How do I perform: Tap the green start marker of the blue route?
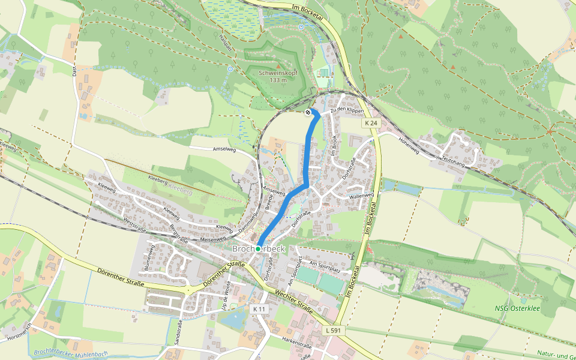258,248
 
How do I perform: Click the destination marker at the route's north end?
308,112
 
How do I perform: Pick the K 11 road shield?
259,308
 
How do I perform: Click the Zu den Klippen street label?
347,110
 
